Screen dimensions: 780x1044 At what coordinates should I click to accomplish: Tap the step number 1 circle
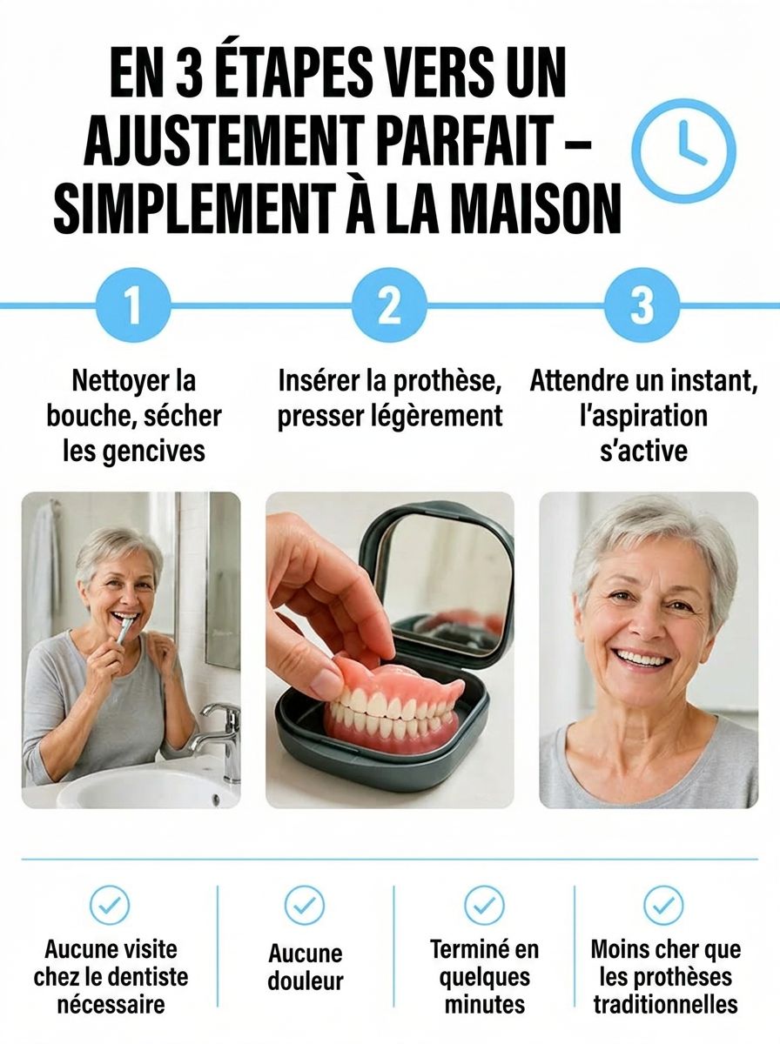(133, 304)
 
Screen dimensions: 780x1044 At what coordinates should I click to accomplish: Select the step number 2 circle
(389, 304)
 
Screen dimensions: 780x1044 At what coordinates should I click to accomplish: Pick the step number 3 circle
(642, 304)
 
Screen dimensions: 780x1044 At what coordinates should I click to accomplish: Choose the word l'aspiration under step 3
(643, 418)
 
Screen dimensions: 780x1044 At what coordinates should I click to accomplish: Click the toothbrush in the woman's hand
(124, 629)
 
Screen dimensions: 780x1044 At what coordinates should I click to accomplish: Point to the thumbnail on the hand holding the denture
(326, 680)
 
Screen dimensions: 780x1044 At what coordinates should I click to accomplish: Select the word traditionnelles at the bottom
(665, 1006)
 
